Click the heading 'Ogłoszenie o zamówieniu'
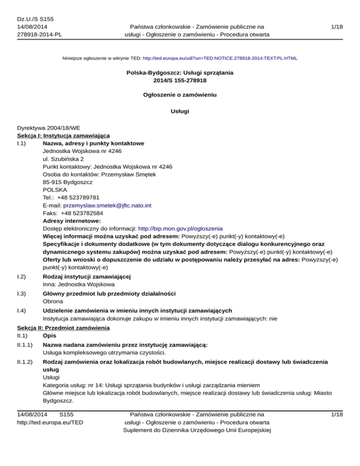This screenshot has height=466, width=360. coord(180,95)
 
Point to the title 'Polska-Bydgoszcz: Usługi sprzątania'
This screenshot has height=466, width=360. coord(180,73)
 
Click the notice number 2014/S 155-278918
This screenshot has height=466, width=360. coord(180,81)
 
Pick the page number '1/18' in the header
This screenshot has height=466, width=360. coord(336,27)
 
